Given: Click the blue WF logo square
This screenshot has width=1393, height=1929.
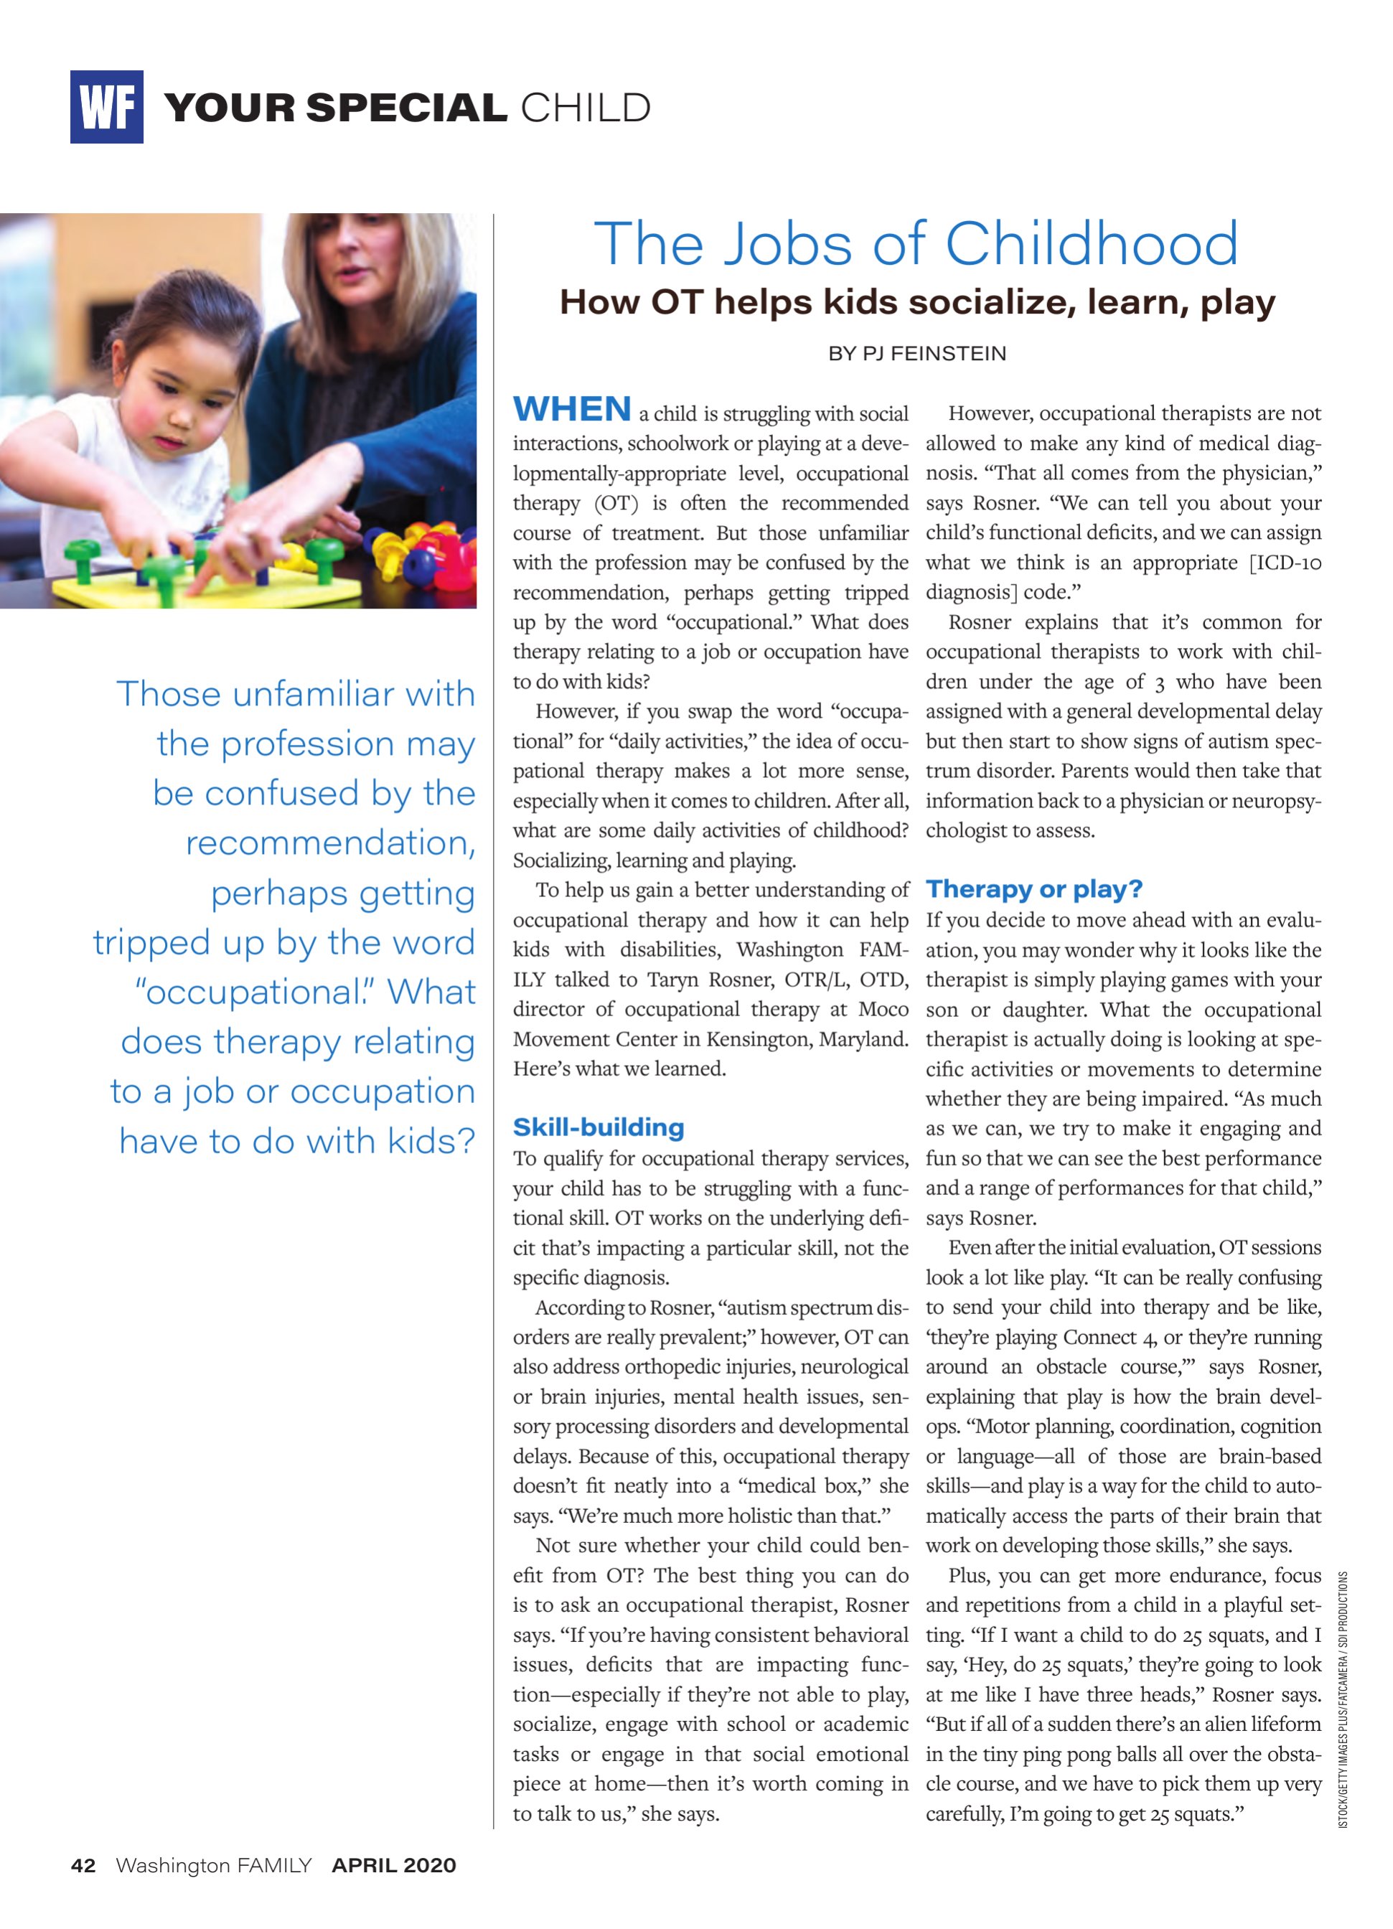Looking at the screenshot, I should pyautogui.click(x=106, y=107).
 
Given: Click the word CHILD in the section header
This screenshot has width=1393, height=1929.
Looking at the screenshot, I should pyautogui.click(x=585, y=109).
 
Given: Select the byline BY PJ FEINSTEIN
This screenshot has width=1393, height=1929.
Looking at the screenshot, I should pyautogui.click(x=916, y=354).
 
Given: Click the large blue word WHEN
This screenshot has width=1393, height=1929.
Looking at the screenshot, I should pyautogui.click(x=571, y=410).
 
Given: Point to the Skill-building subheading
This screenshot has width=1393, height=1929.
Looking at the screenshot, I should pyautogui.click(x=598, y=1128).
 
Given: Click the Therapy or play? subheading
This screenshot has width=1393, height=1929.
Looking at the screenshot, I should pyautogui.click(x=1033, y=890).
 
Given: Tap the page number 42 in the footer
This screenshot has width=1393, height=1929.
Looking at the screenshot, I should pyautogui.click(x=83, y=1866).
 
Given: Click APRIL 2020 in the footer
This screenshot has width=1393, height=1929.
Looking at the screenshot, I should pyautogui.click(x=394, y=1866).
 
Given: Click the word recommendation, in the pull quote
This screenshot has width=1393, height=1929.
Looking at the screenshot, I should pyautogui.click(x=330, y=844).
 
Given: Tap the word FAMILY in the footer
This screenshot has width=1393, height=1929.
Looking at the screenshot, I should pyautogui.click(x=274, y=1866).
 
